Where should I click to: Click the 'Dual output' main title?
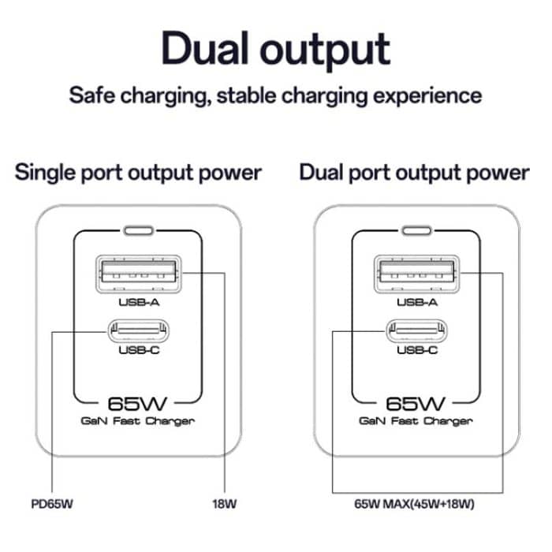coord(275,48)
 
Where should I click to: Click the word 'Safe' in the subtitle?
coord(93,97)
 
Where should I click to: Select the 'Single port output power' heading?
coord(138,173)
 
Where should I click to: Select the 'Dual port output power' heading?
coord(414,173)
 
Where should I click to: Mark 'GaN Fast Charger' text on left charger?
coord(138,421)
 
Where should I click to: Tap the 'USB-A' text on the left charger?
coord(138,300)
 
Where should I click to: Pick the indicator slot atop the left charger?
coord(138,232)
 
